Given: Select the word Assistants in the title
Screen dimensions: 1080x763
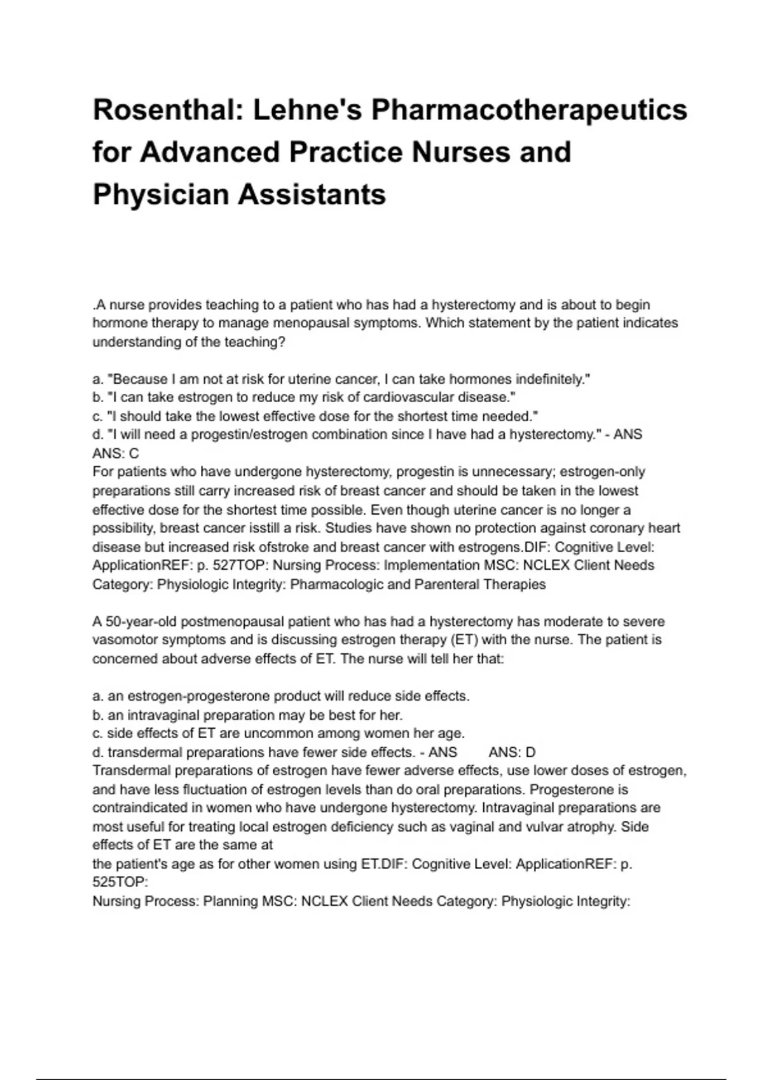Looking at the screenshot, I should click(312, 194).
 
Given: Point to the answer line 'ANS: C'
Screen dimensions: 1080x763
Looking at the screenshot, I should click(116, 454).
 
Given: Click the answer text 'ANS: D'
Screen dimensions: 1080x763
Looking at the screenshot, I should click(512, 752).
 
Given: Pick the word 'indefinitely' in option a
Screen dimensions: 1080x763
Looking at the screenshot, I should click(553, 379).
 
